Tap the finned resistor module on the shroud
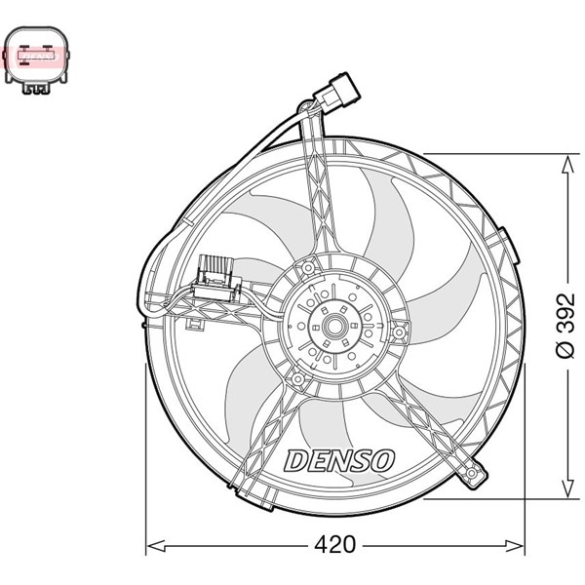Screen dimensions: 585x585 point(217,273)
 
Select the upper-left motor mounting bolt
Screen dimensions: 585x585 point(307,267)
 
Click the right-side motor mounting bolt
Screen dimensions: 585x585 point(398,333)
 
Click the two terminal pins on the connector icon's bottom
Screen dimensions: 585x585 point(37,90)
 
